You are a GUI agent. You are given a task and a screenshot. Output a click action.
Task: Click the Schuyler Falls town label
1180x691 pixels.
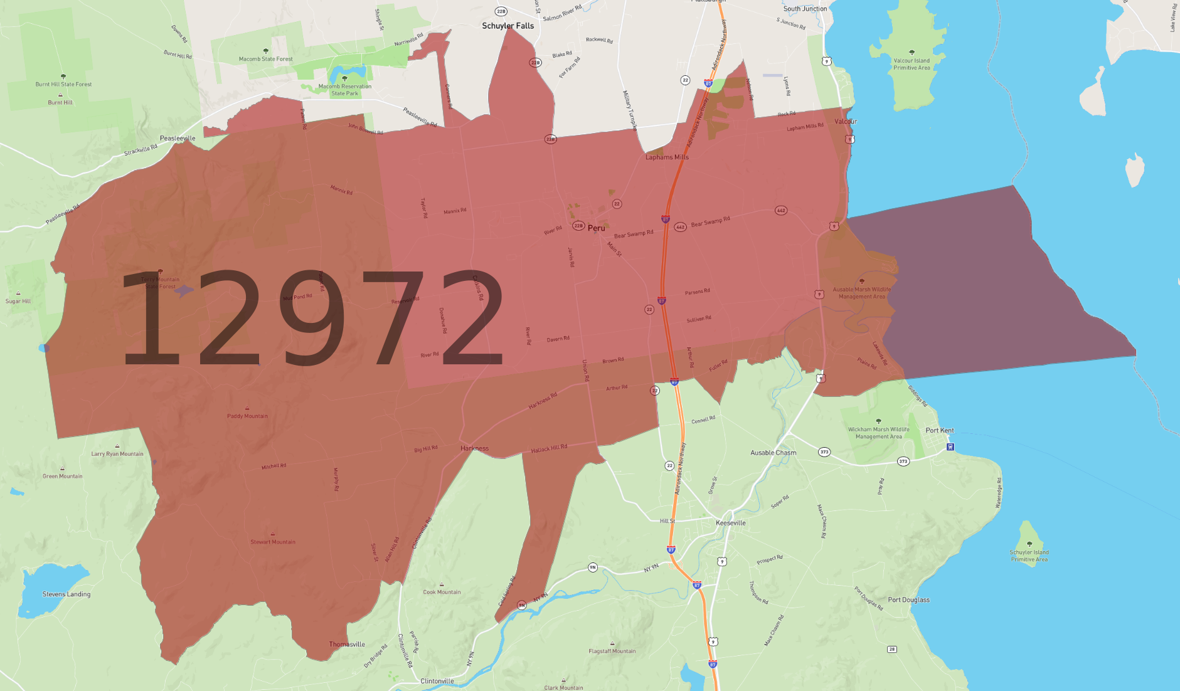(x=508, y=26)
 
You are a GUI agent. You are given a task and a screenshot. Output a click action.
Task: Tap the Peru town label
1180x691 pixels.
(x=596, y=228)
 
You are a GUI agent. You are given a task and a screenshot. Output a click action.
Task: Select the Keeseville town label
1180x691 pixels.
(x=731, y=523)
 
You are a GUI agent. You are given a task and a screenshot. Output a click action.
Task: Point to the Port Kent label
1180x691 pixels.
(x=939, y=430)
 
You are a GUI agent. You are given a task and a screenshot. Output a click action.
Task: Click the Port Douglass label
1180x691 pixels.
(x=908, y=600)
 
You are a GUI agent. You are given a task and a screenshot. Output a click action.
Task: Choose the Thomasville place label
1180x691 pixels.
(x=347, y=645)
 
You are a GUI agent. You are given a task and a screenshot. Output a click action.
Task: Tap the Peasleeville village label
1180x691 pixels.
(x=178, y=138)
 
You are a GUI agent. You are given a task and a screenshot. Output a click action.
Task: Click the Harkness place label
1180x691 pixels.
(x=474, y=448)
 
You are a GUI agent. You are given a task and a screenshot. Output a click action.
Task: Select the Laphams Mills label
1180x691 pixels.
(x=667, y=157)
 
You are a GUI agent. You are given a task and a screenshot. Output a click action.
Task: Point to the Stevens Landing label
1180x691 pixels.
(x=66, y=594)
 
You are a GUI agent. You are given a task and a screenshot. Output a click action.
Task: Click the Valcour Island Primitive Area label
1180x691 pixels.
(x=912, y=65)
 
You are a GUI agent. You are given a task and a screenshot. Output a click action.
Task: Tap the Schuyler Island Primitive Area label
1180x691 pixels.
(x=1029, y=556)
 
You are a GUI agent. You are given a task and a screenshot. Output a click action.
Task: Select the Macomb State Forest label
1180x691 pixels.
(x=265, y=59)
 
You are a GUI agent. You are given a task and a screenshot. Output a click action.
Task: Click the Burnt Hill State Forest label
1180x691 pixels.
(x=63, y=84)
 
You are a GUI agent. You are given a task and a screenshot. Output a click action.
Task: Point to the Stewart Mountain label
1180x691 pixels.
(x=273, y=542)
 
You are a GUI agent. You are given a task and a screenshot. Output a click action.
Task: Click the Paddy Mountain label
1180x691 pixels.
(x=247, y=416)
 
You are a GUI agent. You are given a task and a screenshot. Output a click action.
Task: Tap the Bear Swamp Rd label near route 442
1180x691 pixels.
(x=710, y=222)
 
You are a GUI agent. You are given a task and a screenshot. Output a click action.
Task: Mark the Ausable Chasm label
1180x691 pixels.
(x=773, y=453)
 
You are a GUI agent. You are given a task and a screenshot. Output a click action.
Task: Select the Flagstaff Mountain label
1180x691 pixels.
(x=612, y=651)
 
